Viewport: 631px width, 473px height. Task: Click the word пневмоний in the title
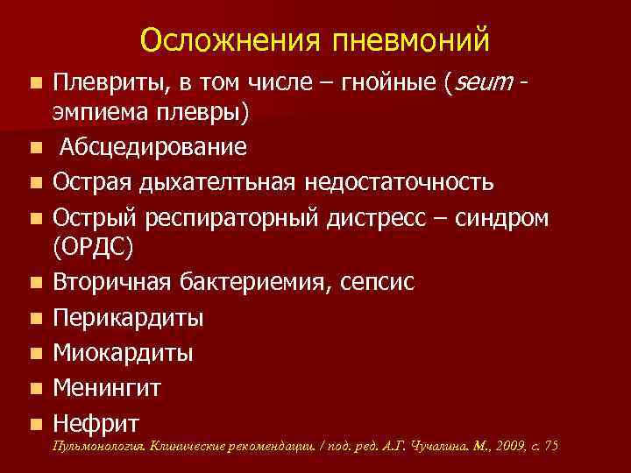click(411, 41)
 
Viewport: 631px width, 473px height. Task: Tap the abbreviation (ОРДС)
click(94, 249)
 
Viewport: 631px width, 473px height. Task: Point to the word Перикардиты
click(128, 318)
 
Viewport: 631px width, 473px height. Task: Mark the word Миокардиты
click(124, 353)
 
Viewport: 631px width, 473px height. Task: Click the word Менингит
click(108, 387)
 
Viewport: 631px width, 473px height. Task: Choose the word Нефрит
click(96, 423)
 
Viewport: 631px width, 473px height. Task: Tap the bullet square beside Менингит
click(33, 387)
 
